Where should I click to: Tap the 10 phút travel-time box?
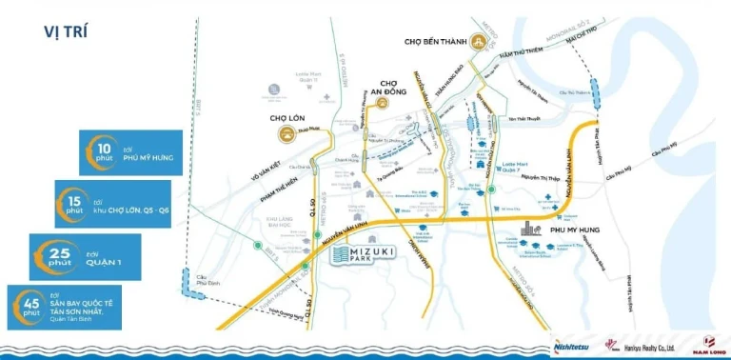tap(129, 151)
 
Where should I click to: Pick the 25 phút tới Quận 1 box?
tap(86, 256)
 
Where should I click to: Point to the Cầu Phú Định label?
tap(199, 276)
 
